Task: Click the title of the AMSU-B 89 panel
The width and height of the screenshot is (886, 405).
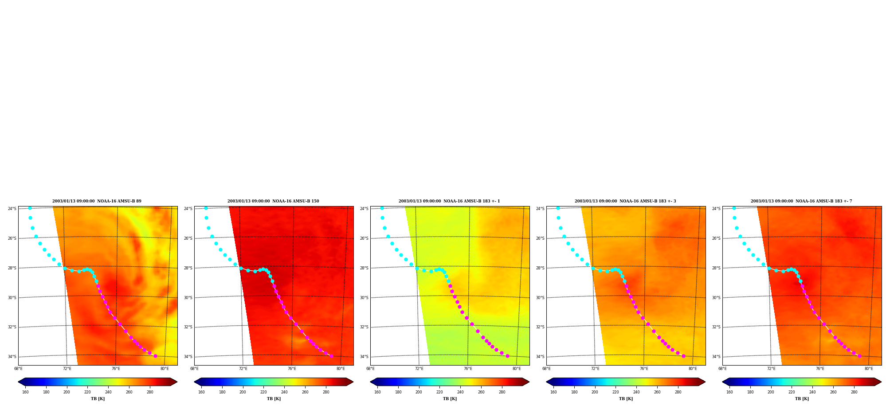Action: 97,201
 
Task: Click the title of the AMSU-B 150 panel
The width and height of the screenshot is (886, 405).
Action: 273,201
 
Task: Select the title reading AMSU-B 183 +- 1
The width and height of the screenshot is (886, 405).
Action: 449,201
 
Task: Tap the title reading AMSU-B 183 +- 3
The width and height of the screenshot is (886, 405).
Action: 625,201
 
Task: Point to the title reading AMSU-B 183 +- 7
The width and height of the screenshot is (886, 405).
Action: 801,201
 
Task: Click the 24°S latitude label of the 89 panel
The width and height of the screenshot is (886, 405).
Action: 12,209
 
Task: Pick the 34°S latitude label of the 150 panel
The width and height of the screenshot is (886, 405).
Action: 188,357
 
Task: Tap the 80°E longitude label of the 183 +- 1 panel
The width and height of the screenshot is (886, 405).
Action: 517,369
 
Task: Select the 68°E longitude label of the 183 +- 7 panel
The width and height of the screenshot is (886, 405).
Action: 722,369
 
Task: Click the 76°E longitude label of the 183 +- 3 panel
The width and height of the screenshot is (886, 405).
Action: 644,369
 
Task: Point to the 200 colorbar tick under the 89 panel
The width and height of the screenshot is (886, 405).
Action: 67,392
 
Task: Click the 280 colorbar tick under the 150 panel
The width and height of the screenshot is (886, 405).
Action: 326,392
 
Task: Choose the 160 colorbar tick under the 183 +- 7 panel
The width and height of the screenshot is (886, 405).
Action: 729,392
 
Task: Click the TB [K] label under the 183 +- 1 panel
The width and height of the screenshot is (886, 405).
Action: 450,399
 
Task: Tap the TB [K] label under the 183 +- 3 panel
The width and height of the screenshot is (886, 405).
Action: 626,399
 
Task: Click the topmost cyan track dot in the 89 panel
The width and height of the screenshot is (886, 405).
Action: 30,208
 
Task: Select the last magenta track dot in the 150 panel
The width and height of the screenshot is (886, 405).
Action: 331,356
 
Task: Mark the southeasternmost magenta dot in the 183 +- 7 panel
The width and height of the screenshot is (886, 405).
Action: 859,356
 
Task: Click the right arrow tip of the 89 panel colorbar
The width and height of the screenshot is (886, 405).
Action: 177,382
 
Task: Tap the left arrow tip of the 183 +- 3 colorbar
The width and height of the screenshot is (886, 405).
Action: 546,382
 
